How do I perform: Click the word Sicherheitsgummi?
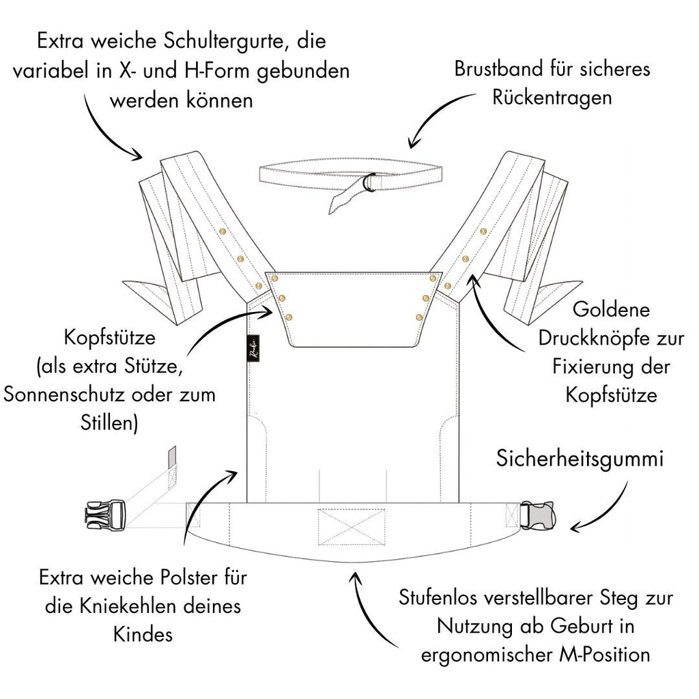tap(580, 459)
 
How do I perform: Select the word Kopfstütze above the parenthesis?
tap(110, 339)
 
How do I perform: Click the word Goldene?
tap(611, 311)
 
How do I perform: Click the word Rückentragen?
tap(552, 97)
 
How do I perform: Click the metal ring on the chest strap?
tap(369, 183)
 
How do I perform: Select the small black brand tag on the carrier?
tap(253, 343)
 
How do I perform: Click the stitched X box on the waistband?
tap(351, 527)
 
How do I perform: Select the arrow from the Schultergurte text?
tap(102, 130)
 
